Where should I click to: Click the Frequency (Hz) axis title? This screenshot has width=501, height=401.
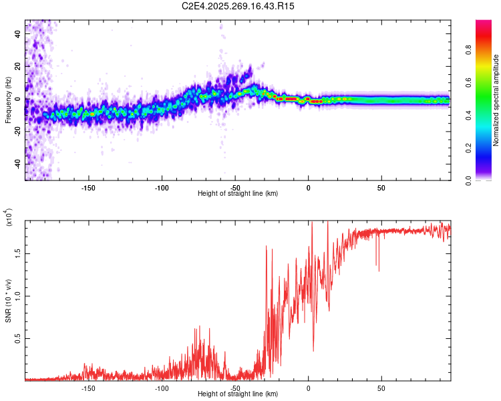point(8,100)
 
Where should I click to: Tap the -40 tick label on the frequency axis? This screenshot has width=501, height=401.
point(18,164)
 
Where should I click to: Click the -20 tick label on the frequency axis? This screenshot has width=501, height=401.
point(18,132)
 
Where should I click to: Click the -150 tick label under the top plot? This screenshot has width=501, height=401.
point(88,188)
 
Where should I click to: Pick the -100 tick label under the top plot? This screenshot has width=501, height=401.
point(162,188)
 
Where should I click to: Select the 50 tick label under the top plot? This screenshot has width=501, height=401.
point(381,188)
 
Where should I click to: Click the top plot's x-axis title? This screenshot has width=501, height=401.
point(238,194)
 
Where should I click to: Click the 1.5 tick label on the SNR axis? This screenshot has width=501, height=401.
point(18,254)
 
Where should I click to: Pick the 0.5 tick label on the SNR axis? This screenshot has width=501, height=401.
point(18,339)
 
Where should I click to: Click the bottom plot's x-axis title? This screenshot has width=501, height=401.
point(238,394)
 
